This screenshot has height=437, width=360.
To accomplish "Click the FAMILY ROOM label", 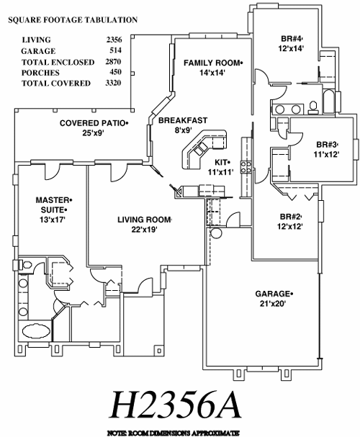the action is (212, 63).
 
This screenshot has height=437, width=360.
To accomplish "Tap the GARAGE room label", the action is (272, 294).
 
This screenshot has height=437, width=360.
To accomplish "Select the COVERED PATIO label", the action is (92, 123).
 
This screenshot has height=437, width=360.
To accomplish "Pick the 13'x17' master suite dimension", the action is (53, 220).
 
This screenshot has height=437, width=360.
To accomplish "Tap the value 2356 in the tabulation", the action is (114, 40).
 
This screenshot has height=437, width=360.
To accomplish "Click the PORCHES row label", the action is (41, 73).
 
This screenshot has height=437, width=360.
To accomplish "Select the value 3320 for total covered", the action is (113, 83).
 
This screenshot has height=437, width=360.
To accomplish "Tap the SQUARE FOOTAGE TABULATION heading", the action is (73, 19).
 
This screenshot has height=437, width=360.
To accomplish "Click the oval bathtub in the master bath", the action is (36, 331).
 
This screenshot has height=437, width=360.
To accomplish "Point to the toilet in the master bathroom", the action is (27, 264).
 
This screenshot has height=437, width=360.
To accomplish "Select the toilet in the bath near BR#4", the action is (313, 107).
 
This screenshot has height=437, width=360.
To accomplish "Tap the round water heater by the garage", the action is (216, 233).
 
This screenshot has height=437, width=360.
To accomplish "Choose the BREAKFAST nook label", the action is (183, 120).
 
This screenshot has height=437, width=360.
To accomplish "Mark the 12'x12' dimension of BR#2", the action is (289, 226).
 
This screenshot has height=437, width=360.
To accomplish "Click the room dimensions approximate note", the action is (174, 433).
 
